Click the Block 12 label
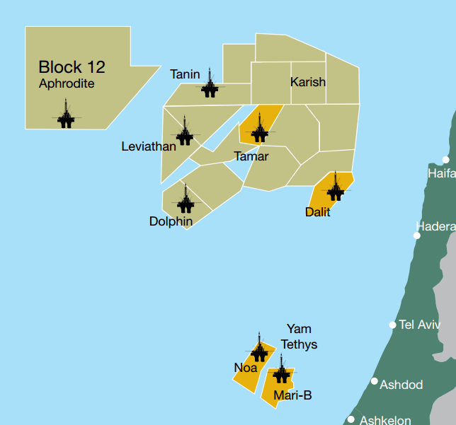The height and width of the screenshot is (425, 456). click(72, 67)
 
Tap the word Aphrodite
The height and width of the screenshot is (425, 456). click(67, 83)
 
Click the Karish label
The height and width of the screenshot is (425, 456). click(308, 82)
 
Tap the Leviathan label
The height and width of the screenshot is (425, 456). click(149, 147)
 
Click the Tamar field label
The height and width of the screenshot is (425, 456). click(251, 156)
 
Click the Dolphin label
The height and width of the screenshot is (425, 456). click(171, 221)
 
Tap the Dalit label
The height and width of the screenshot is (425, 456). click(318, 211)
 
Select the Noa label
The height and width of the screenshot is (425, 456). click(246, 368)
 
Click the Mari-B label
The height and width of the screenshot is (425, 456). click(292, 395)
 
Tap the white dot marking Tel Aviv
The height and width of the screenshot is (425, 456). click(392, 325)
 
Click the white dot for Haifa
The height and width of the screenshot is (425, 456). click(445, 160)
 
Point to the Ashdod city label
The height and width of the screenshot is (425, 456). click(401, 385)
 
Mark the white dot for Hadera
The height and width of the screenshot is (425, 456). click(416, 235)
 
